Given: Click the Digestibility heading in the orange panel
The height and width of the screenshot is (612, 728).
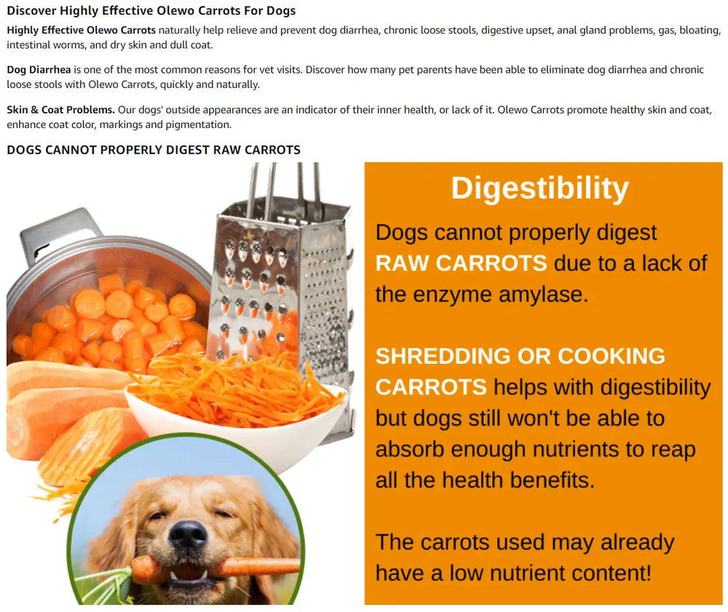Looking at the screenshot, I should coord(539,188).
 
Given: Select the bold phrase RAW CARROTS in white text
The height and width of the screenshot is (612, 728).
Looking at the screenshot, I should coord(460,263).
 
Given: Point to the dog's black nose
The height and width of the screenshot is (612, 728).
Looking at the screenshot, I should coord(187,536).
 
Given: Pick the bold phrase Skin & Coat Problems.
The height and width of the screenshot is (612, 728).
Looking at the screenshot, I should coord(60,110).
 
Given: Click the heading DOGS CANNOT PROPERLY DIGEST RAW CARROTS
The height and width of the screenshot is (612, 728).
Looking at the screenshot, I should coord(153,150).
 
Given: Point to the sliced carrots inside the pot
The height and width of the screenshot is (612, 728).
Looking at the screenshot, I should coord(109,320).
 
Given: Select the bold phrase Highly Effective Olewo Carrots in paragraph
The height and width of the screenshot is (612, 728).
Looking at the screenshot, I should coord(81,31).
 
